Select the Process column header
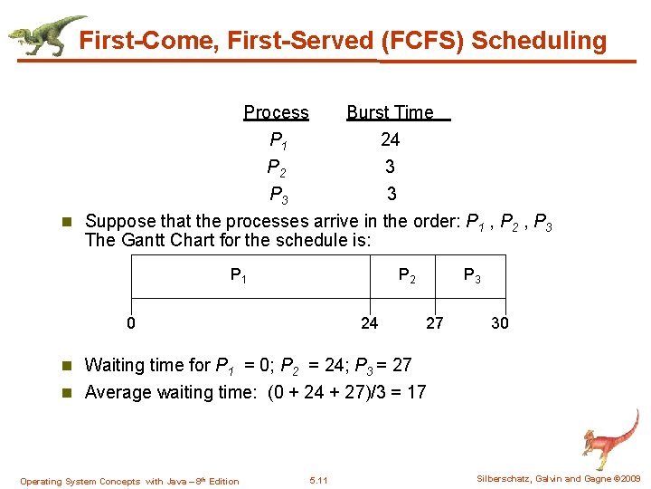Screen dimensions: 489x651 coord(276,112)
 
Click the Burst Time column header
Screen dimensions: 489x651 coord(391,112)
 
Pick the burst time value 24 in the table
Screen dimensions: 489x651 coord(391,139)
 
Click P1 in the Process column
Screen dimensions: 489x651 coord(278,140)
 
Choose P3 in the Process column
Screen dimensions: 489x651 coord(278,195)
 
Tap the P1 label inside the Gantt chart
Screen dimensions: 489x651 coord(239,275)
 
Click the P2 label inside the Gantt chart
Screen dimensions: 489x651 coord(408,275)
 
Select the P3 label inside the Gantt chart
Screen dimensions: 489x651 coord(472,275)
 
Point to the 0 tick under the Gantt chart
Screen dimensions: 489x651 coord(131,322)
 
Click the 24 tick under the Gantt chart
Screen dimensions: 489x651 coord(369,322)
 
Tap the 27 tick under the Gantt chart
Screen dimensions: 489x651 coord(434,322)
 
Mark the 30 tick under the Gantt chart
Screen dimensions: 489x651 coord(499,322)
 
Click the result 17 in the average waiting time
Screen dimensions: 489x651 coord(416,392)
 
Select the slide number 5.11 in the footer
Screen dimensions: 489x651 coord(318,480)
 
